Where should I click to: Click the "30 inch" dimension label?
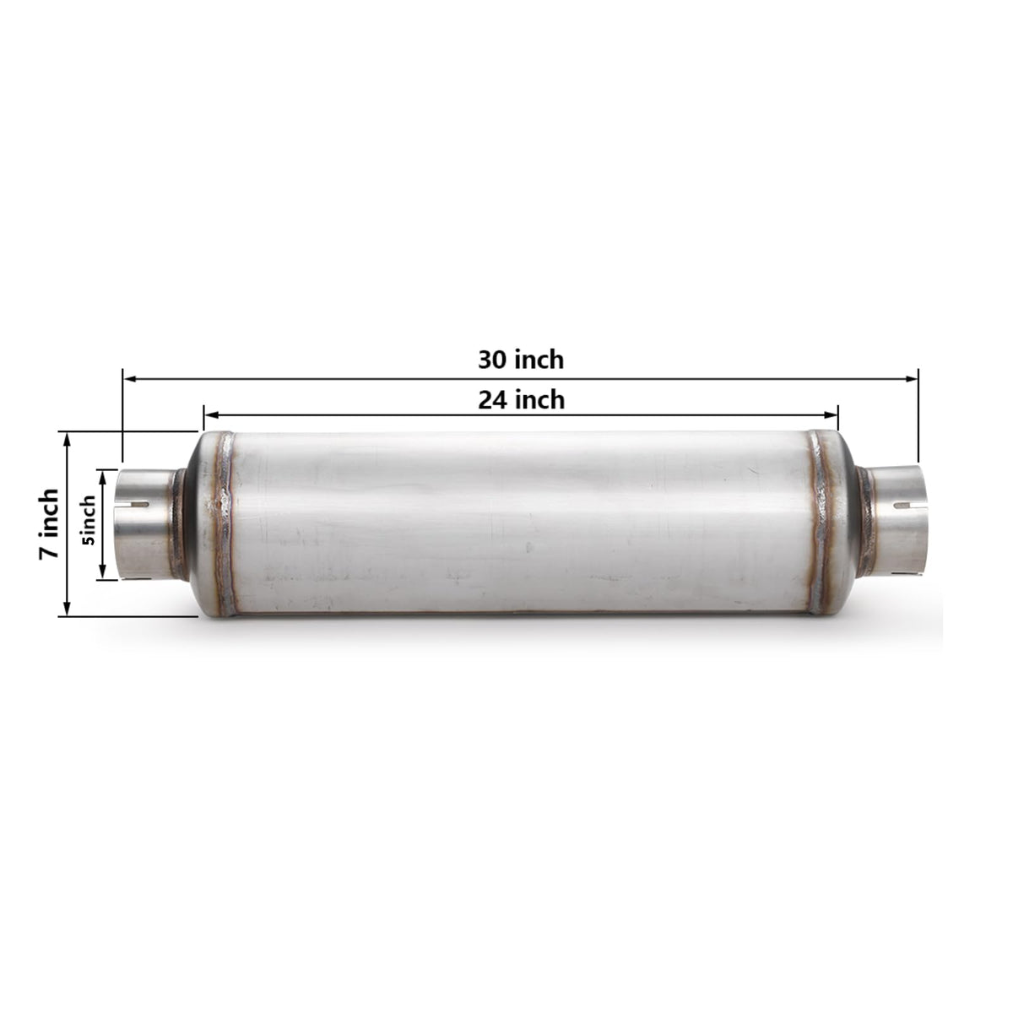[x=521, y=360]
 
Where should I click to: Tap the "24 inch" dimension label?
[x=521, y=400]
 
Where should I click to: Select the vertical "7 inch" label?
[x=49, y=523]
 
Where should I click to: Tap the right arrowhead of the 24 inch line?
[x=832, y=415]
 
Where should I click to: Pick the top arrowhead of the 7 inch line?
[x=67, y=438]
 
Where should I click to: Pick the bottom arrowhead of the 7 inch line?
[x=67, y=609]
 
